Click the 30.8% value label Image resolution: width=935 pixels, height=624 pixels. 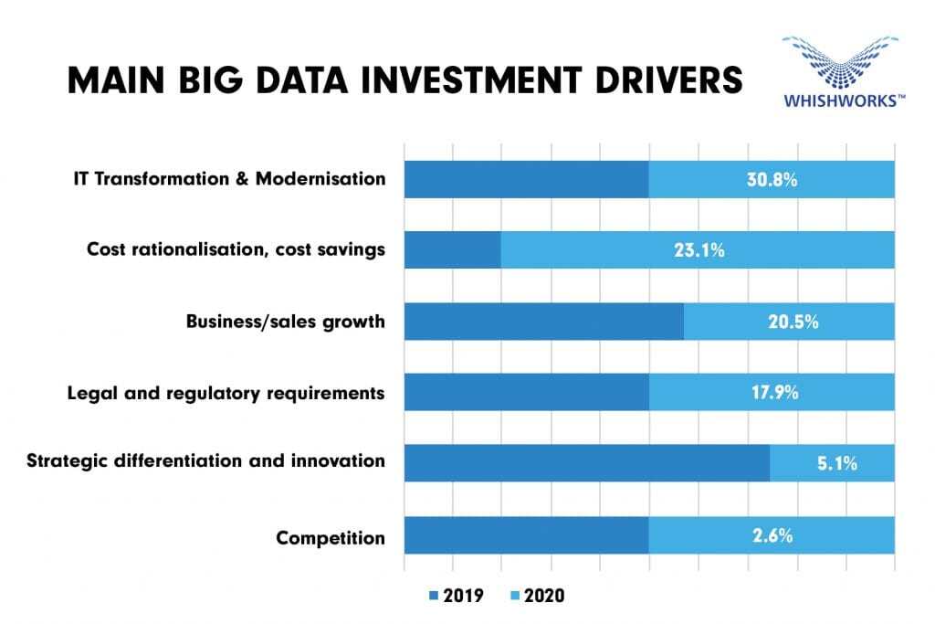pos(772,179)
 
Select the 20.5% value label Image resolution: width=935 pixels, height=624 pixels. pos(789,322)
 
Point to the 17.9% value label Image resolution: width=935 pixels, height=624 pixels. pos(772,392)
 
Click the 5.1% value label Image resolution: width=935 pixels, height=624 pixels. pos(832,463)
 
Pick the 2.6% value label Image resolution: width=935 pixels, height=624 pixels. pos(772,534)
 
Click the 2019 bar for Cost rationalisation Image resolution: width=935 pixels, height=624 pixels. pos(452,249)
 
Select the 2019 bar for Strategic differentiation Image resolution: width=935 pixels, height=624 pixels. pos(586,463)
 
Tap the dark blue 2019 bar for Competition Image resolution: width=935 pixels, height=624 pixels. pos(526,534)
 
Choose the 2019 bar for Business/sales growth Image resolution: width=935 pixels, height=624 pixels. pos(543,322)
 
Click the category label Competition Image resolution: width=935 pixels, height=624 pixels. pos(331,538)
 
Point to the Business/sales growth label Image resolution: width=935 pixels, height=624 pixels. pos(285,322)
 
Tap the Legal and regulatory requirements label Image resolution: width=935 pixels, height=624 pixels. pos(226,393)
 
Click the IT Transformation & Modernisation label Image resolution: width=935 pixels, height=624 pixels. pos(229,178)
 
